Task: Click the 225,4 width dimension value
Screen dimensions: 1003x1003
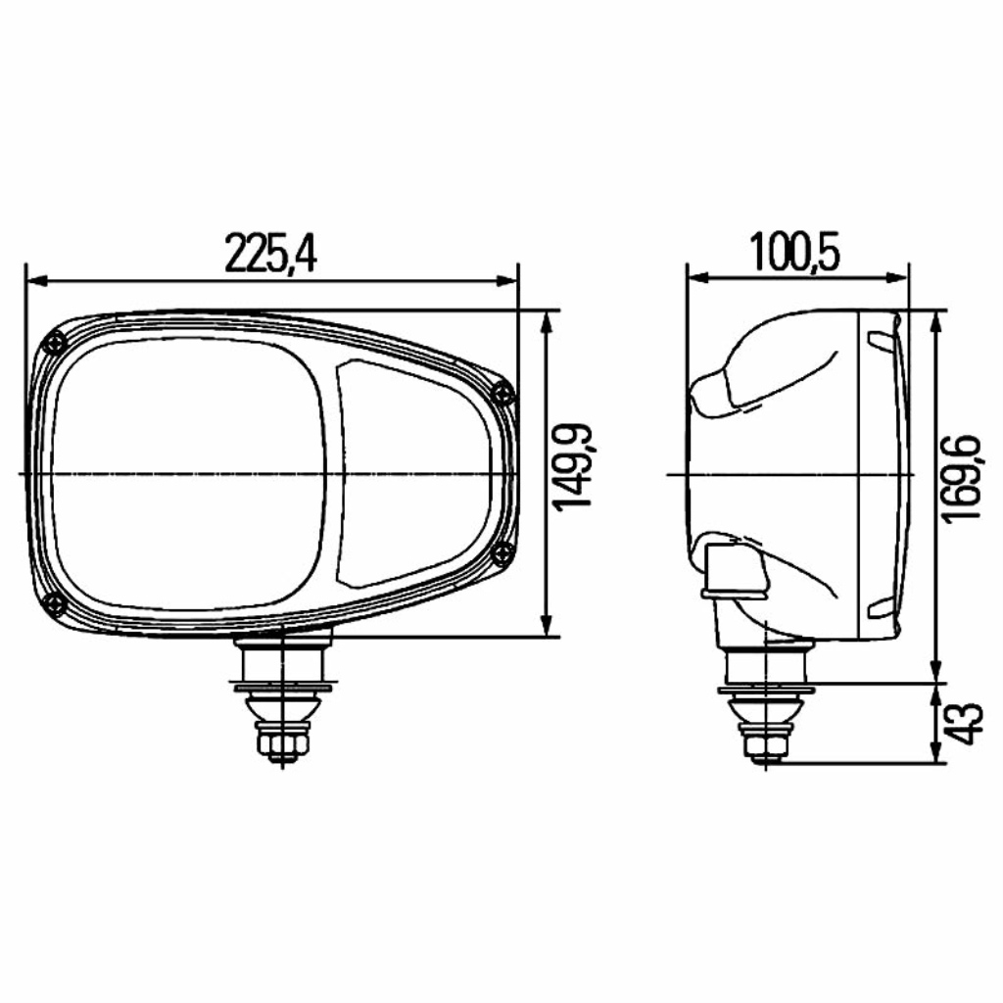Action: [x=270, y=254]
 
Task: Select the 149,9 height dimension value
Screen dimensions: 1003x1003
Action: [x=574, y=465]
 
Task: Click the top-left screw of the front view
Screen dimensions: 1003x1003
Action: [x=56, y=345]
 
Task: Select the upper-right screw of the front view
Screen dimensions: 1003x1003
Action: [x=503, y=394]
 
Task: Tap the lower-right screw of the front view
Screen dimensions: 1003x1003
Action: [x=504, y=553]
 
